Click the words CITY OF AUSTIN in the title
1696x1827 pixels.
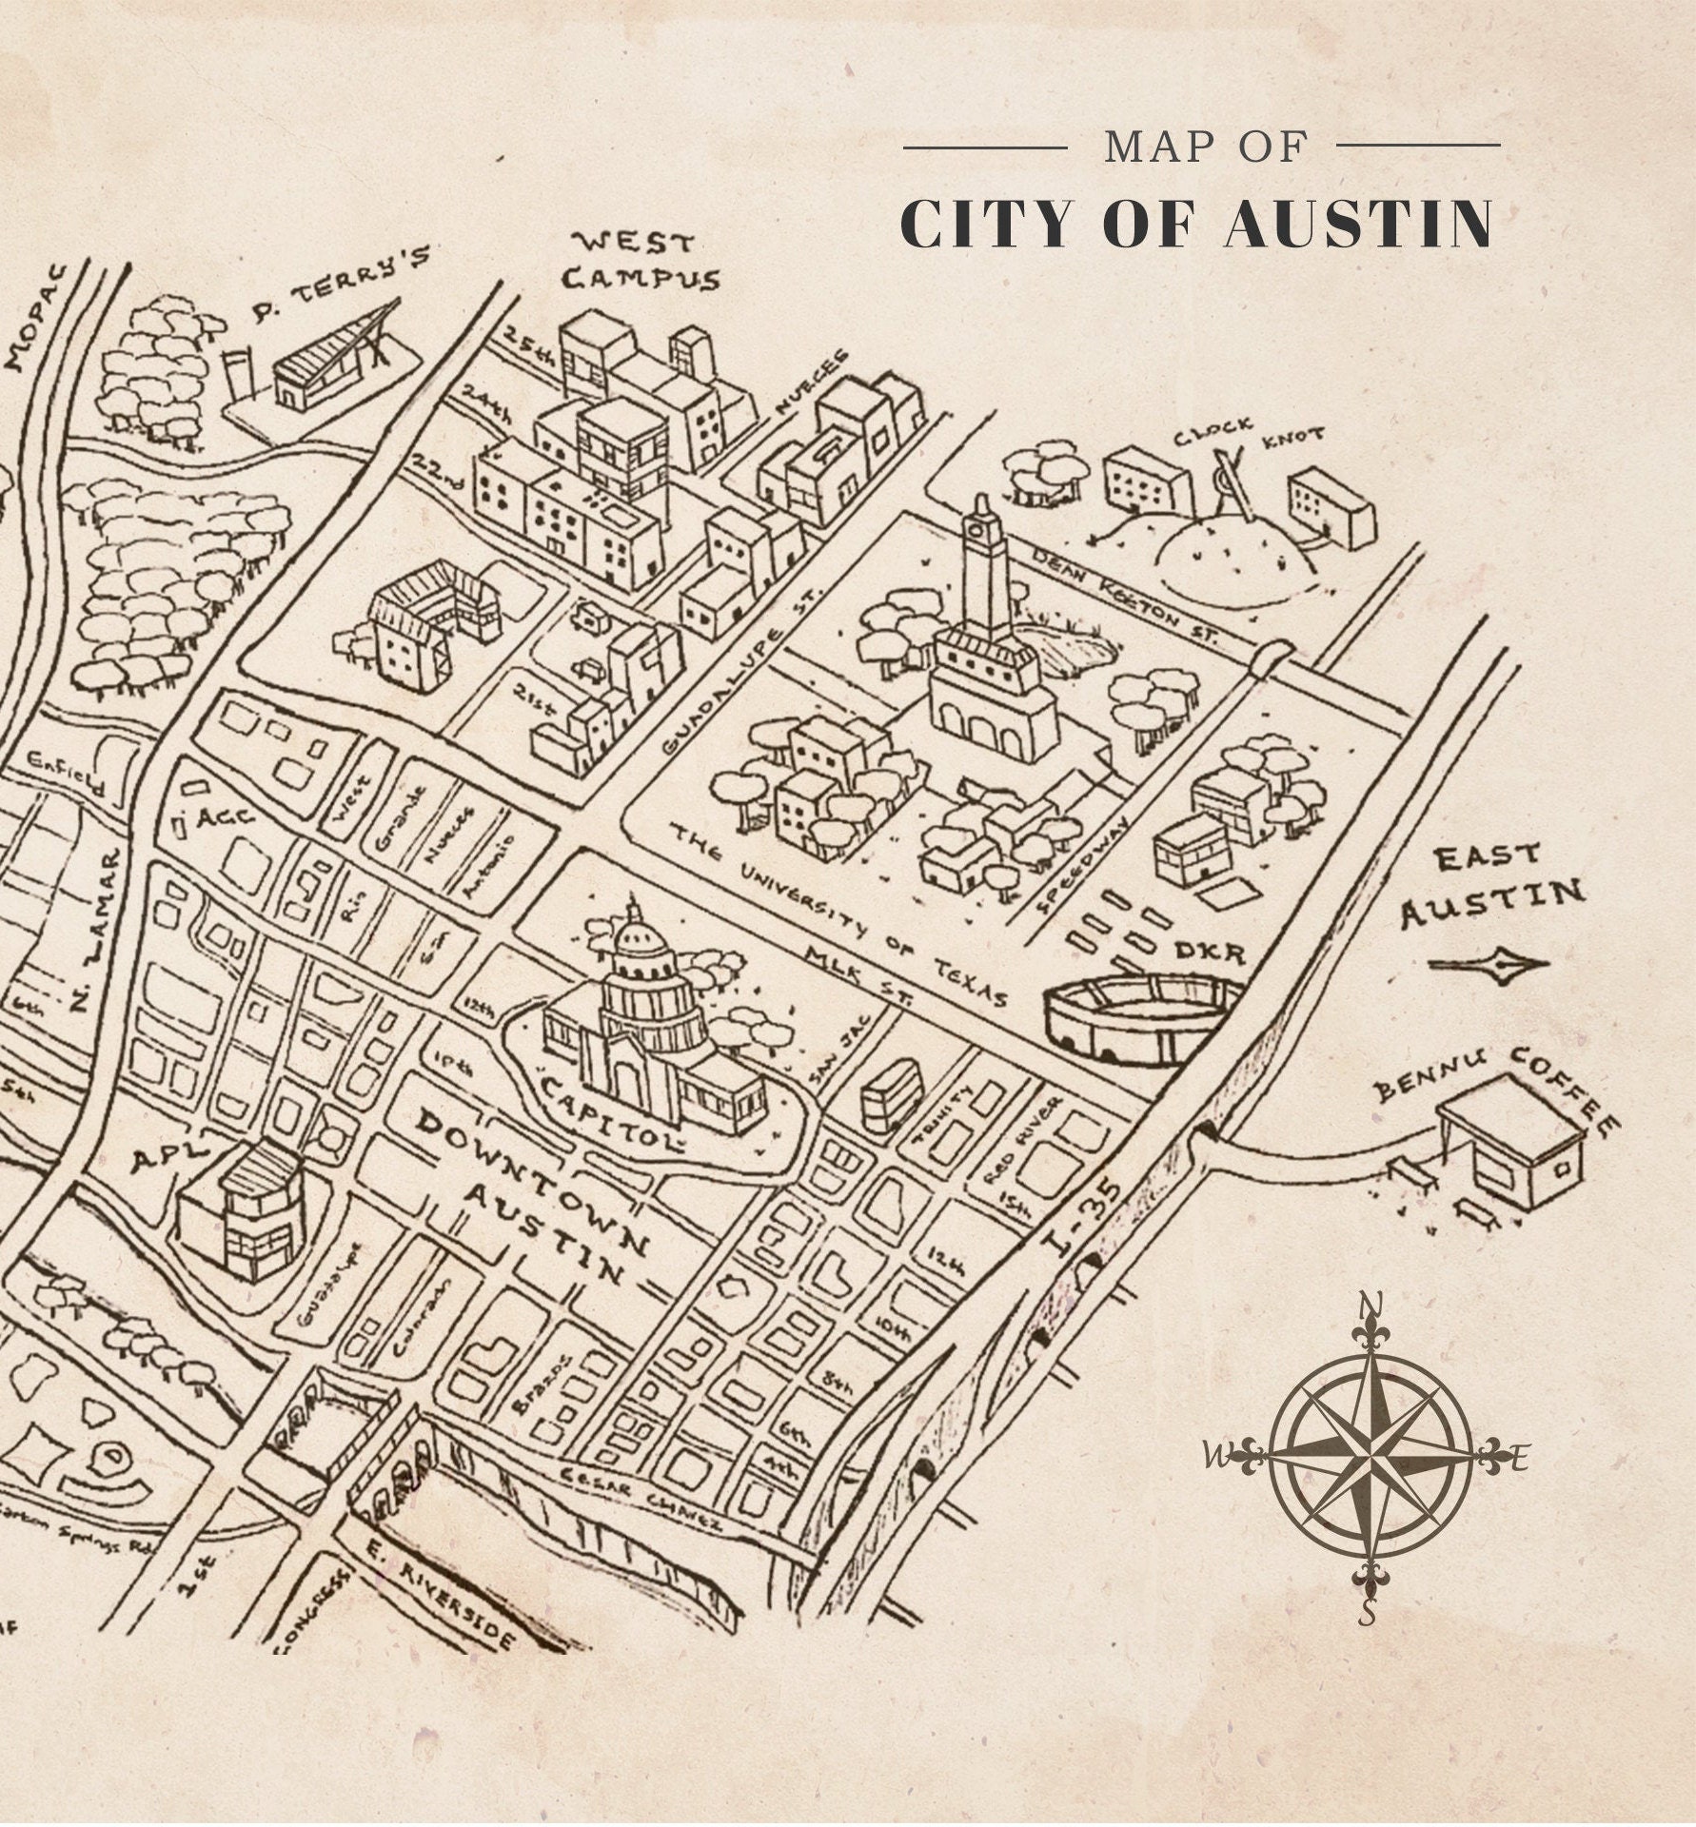(x=1195, y=226)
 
